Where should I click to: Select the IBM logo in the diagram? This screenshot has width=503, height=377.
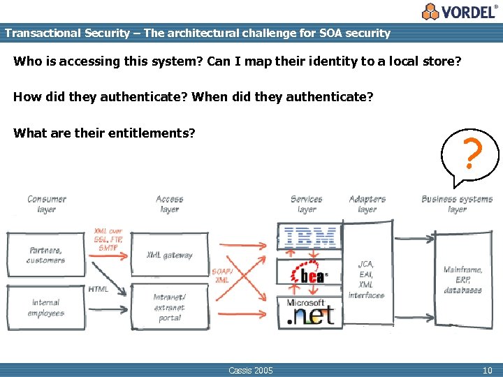click(x=309, y=237)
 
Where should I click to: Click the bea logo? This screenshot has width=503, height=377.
click(x=309, y=274)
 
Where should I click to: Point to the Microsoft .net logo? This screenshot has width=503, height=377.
click(x=309, y=312)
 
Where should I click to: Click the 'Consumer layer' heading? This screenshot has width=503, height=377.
click(x=47, y=204)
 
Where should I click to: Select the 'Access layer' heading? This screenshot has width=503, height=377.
click(x=170, y=204)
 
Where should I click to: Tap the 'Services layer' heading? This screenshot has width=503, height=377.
click(x=306, y=204)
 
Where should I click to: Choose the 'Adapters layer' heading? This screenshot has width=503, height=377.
click(x=367, y=204)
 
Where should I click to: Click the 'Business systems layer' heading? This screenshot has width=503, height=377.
click(x=457, y=204)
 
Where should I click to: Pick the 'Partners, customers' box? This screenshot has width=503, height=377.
click(x=47, y=255)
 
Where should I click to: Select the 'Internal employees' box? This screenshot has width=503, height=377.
click(x=47, y=308)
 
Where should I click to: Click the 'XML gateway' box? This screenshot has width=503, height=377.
click(x=169, y=256)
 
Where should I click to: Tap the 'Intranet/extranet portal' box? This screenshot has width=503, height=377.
click(x=169, y=307)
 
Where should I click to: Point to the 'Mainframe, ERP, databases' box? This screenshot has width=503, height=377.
click(x=462, y=279)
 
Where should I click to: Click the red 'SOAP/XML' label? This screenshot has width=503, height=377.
click(x=221, y=275)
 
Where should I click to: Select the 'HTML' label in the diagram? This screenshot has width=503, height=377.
click(x=99, y=289)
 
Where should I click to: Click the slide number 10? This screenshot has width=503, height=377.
click(x=487, y=370)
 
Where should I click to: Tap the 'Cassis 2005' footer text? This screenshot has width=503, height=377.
click(x=251, y=370)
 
